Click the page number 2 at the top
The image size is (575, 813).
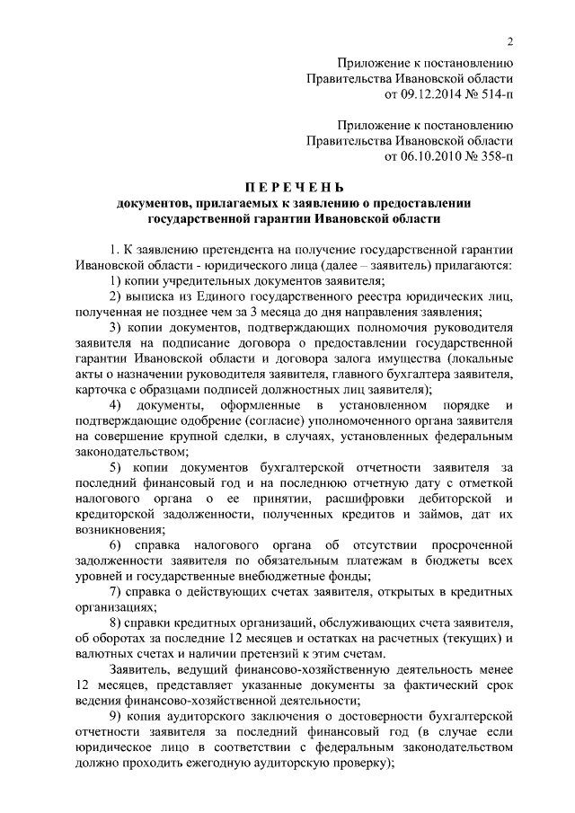509,41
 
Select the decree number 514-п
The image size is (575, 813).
492,93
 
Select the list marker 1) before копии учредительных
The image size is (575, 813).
116,281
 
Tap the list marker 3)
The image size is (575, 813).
116,328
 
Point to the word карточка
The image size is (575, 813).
104,390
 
